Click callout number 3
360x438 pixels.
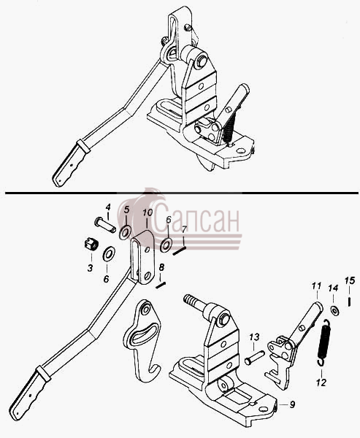tap(90, 268)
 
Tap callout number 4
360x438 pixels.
tap(108, 207)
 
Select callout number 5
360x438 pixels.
tap(126, 209)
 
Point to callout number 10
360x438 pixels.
tap(148, 212)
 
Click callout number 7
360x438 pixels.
tap(183, 230)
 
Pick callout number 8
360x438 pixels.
tap(161, 267)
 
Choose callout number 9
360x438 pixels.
tap(292, 404)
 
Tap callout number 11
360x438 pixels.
tap(316, 286)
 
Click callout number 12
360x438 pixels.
tap(321, 383)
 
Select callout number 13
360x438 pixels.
tap(254, 337)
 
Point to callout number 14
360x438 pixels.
tap(333, 288)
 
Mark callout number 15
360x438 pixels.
tap(350, 280)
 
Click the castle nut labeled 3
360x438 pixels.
tap(91, 245)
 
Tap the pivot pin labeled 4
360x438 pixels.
tap(105, 225)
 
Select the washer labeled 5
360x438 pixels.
tap(125, 233)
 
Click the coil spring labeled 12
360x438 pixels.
tap(324, 343)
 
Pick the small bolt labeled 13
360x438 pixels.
tap(254, 358)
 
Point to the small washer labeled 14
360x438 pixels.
tap(334, 311)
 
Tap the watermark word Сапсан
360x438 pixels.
tap(196, 220)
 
